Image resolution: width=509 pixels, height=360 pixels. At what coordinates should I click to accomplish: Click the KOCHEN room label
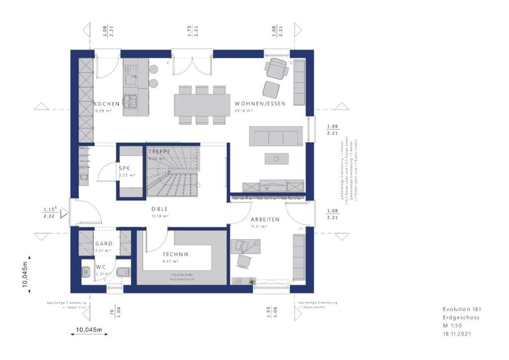point(107,104)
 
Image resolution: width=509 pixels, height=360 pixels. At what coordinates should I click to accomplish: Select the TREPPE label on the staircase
point(159,151)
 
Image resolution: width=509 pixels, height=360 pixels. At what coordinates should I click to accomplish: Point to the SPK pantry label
point(124,169)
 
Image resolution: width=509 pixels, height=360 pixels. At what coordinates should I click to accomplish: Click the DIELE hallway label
point(160,209)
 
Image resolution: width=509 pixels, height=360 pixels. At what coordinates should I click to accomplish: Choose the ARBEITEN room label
point(265,219)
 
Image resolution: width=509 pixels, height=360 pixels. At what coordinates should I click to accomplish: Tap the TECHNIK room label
point(175,254)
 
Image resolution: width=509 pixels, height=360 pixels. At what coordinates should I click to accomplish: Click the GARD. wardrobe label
point(105,244)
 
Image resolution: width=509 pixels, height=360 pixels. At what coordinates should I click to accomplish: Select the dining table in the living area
point(201,105)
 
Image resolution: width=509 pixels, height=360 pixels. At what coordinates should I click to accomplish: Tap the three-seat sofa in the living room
point(276,136)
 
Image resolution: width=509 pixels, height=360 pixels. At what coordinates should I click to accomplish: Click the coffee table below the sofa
point(276,159)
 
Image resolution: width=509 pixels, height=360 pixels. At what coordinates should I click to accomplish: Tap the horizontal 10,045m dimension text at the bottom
point(89,329)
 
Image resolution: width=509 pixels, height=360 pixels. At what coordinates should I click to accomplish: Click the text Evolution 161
point(462,309)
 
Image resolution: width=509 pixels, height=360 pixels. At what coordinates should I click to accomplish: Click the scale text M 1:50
point(453,326)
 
